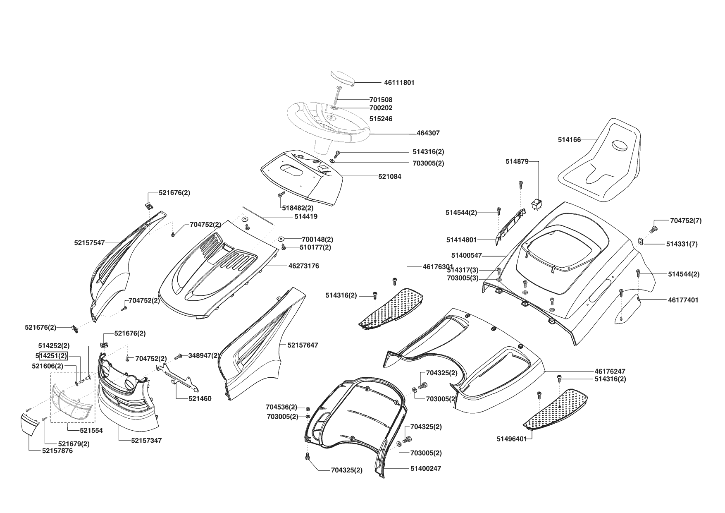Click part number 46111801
399,83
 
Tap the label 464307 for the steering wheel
428,133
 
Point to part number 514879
517,161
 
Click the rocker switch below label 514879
537,204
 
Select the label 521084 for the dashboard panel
389,177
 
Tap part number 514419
306,216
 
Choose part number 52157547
89,243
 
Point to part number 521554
91,430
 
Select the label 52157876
57,451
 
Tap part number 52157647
303,345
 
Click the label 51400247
426,468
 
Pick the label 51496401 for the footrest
512,439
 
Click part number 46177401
683,300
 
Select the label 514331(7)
682,244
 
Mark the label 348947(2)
204,355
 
